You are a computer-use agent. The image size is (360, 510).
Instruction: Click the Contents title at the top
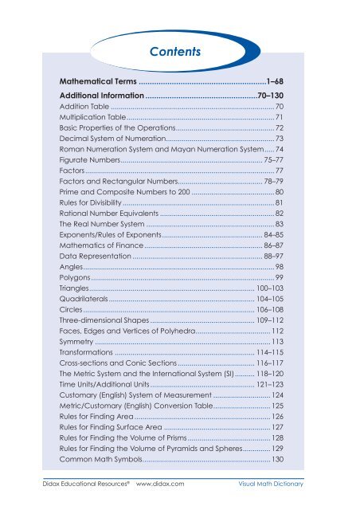[178, 53]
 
